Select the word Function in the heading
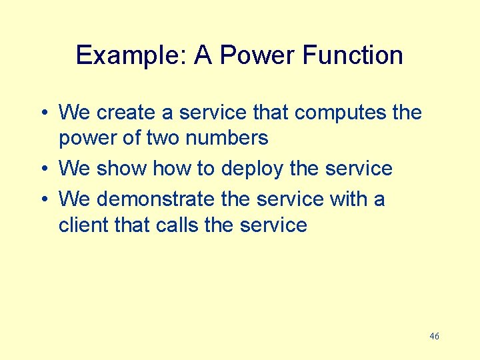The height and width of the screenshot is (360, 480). pos(353,55)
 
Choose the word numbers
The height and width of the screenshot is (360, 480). pos(228,138)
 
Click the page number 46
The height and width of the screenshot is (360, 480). pos(434,337)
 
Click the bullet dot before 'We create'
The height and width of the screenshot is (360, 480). pos(45,113)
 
